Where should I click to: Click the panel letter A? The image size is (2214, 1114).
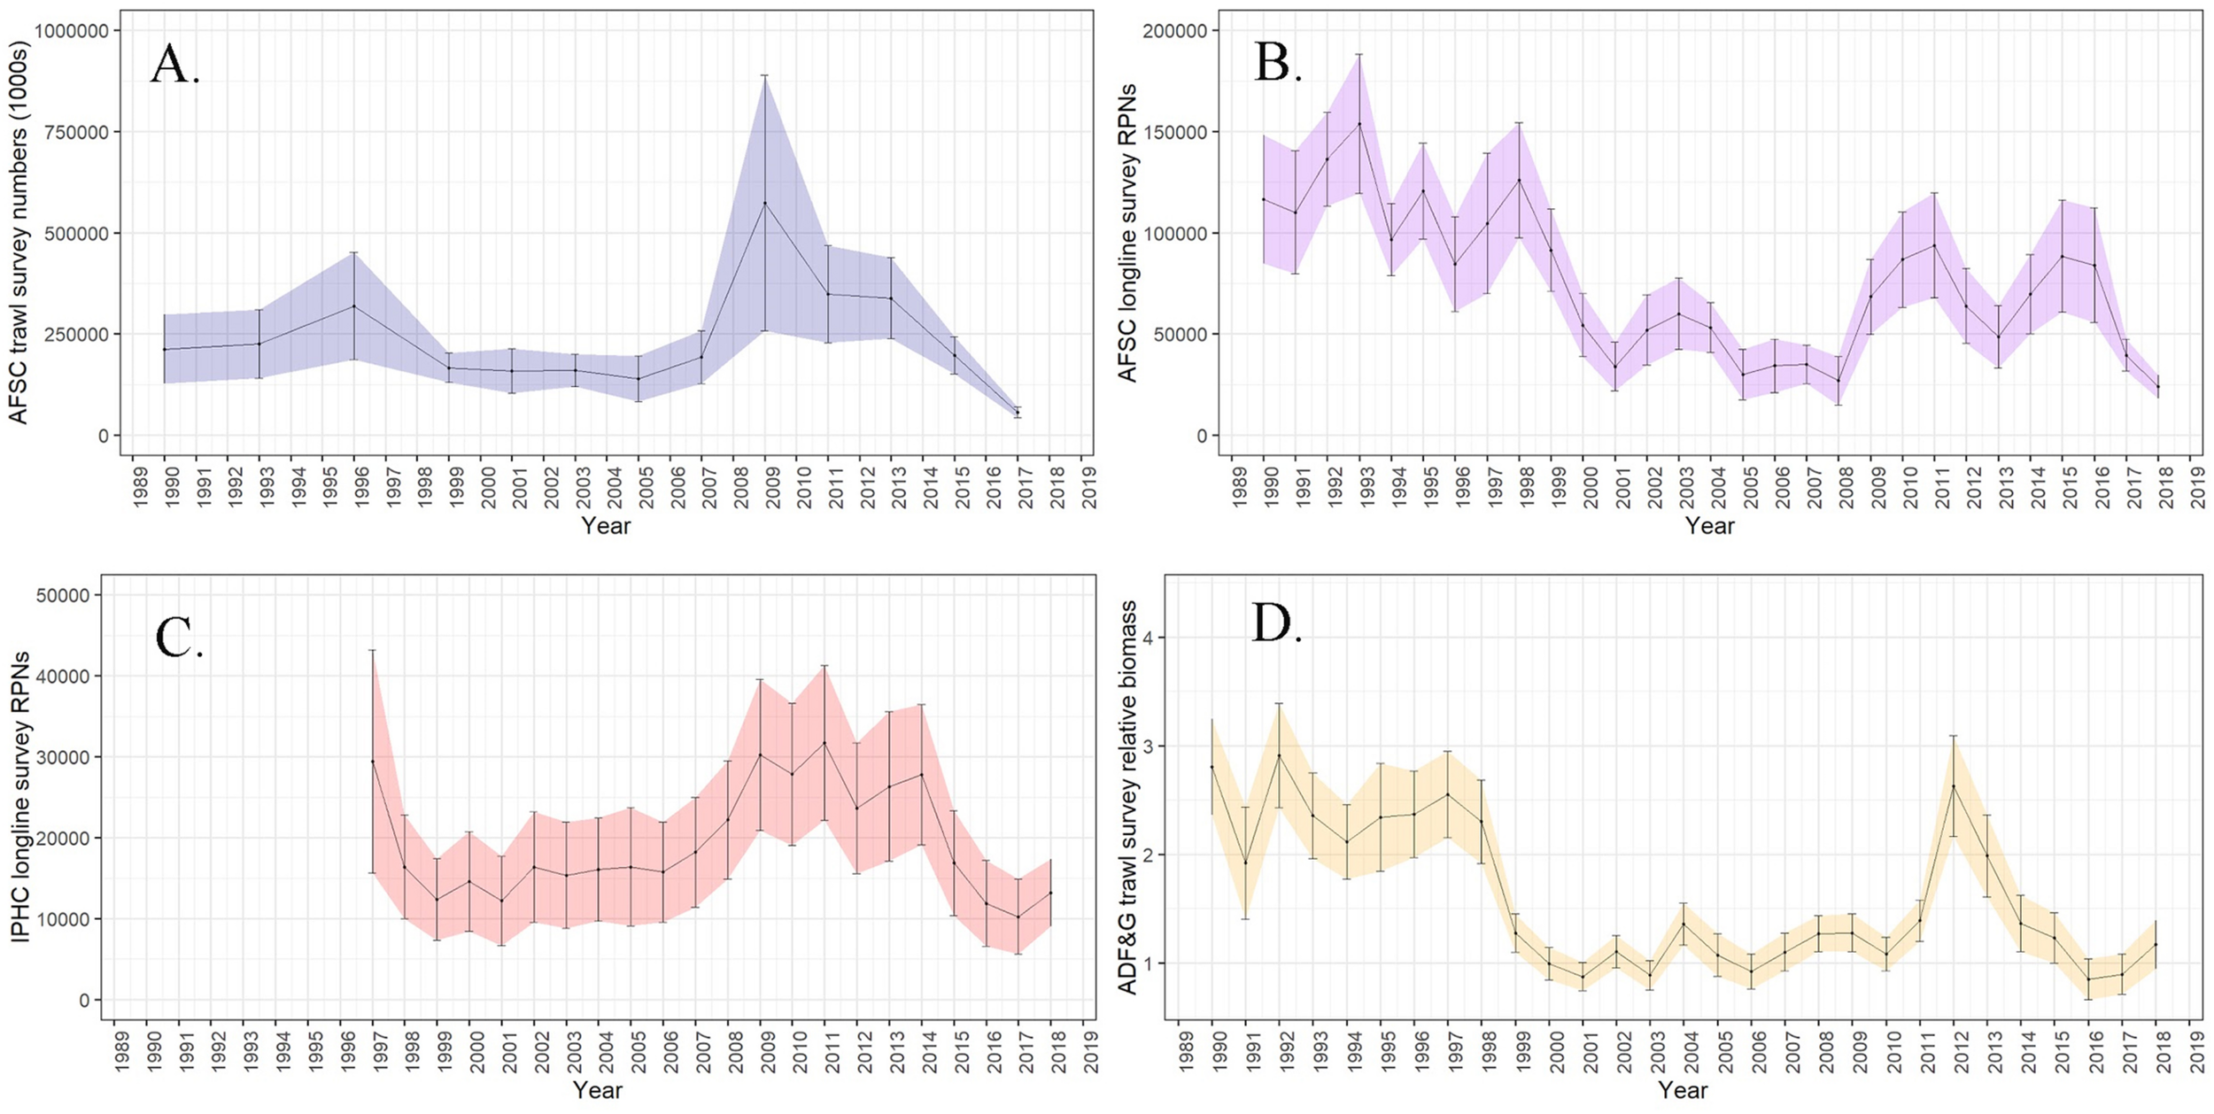[175, 65]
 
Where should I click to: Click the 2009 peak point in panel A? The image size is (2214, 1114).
[765, 203]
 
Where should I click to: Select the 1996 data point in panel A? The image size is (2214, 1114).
[354, 306]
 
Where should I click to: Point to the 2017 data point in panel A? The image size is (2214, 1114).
[1018, 413]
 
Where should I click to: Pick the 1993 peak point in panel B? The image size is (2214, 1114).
[1359, 123]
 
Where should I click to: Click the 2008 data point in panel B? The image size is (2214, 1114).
[1839, 381]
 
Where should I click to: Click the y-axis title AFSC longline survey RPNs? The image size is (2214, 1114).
[1126, 232]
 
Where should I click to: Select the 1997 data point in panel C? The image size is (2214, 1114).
[373, 762]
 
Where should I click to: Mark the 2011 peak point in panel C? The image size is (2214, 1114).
[824, 743]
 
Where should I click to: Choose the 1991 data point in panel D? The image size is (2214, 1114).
[1245, 863]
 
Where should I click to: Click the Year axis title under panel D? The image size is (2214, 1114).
[1682, 1089]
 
